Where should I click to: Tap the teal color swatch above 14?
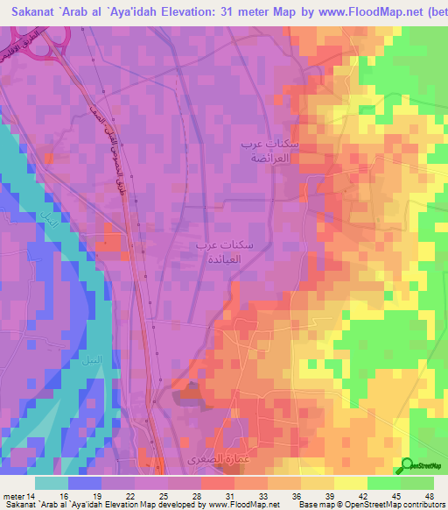pyautogui.click(x=52, y=483)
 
